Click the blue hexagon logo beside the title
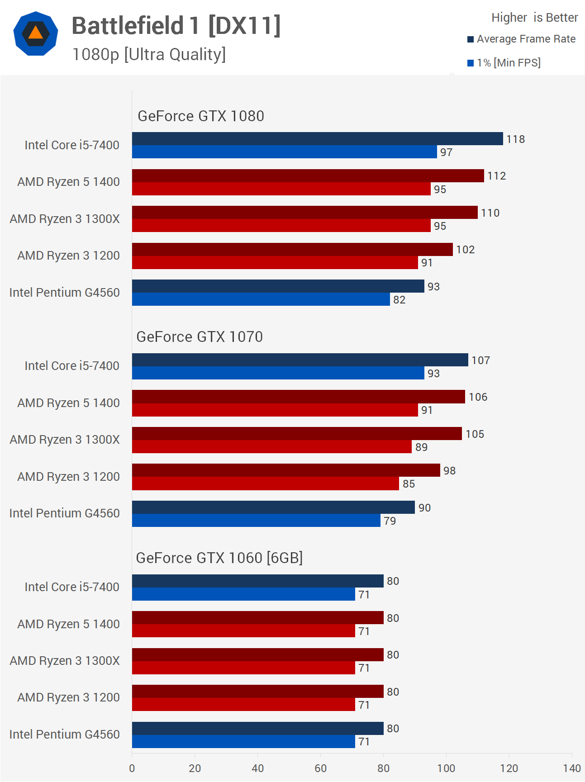[x=36, y=34]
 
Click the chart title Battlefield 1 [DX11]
[x=176, y=26]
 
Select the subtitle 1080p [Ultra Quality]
[x=149, y=54]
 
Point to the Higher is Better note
[x=534, y=18]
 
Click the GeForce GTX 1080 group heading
[x=200, y=116]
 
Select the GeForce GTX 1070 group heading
[x=200, y=337]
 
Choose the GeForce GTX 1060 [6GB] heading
[x=219, y=558]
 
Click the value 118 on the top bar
[x=515, y=139]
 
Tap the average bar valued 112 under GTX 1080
[x=308, y=176]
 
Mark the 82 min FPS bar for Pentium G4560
[x=261, y=299]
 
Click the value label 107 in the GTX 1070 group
[x=480, y=360]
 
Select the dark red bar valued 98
[x=286, y=470]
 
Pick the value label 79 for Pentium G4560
[x=390, y=521]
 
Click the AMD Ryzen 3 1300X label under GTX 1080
[x=65, y=219]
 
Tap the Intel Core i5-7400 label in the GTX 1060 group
[x=72, y=587]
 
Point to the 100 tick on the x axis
[x=446, y=768]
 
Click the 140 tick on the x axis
[x=571, y=768]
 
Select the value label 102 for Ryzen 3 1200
[x=465, y=250]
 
